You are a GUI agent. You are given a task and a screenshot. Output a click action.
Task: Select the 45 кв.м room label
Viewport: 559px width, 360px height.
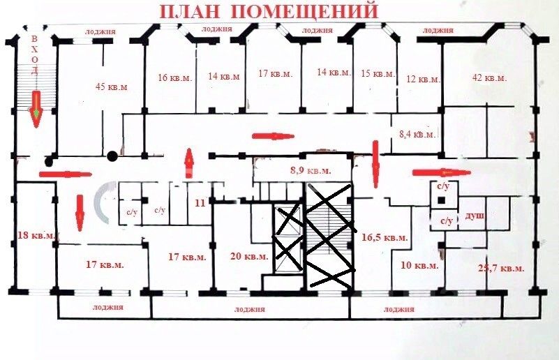pos(111,87)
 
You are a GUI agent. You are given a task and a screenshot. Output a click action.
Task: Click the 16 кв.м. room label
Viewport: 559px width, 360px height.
pos(174,77)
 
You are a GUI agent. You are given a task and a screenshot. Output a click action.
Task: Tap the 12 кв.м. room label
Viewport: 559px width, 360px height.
pos(423,79)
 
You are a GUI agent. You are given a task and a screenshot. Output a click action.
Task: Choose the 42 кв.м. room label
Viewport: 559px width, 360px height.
pos(489,77)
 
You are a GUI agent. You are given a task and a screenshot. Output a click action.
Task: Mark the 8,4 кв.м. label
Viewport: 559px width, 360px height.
pos(417,134)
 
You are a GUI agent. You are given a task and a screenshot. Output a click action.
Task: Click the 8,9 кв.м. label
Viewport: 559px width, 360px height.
pos(309,170)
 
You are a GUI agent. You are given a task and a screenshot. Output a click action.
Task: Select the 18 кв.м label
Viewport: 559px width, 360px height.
pos(35,236)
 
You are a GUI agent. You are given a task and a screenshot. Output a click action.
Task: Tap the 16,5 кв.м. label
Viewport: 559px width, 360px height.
pos(385,237)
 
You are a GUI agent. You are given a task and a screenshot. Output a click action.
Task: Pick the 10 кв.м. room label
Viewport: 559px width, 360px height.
pos(419,266)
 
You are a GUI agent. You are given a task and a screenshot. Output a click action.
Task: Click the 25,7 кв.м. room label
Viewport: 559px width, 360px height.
pos(502,269)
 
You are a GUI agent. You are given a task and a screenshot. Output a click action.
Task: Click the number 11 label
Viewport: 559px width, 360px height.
pos(200,204)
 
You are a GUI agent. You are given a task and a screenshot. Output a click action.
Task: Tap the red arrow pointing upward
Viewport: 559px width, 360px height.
pos(188,163)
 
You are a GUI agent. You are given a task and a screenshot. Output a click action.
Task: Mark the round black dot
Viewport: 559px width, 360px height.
pos(112,156)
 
